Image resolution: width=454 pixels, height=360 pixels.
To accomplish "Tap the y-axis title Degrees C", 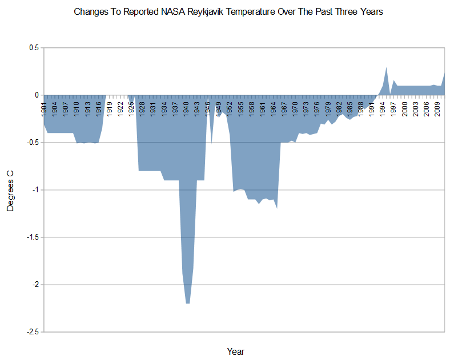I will pyautogui.click(x=10, y=190).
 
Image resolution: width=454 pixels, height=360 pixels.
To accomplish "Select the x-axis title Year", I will pyautogui.click(x=235, y=351).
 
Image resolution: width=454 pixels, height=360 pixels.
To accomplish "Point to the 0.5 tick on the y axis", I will pyautogui.click(x=33, y=48).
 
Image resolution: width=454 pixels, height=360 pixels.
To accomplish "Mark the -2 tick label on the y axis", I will pyautogui.click(x=33, y=285).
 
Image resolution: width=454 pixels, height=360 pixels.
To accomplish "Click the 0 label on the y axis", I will pyautogui.click(x=36, y=95).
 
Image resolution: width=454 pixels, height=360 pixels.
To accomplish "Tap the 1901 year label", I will pyautogui.click(x=44, y=108).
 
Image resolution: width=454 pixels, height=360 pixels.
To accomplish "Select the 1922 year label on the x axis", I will pyautogui.click(x=120, y=108).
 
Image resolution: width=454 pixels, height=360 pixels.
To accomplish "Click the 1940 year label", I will pyautogui.click(x=186, y=108).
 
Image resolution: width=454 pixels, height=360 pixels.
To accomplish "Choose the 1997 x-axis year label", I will pyautogui.click(x=393, y=108).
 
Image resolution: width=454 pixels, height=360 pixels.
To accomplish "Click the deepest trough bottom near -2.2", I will pyautogui.click(x=187, y=303).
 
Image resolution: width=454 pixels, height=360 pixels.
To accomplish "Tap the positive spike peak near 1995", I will pyautogui.click(x=387, y=68).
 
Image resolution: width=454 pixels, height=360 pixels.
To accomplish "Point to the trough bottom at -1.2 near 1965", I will pyautogui.click(x=277, y=208).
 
